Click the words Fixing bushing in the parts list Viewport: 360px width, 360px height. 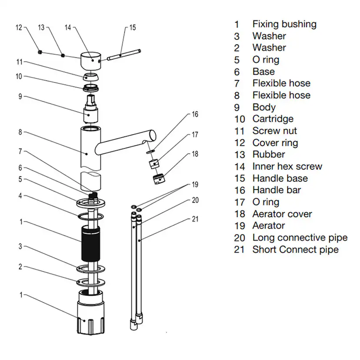(x=284, y=24)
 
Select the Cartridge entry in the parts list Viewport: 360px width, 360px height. (x=273, y=119)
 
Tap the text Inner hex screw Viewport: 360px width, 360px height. (x=287, y=167)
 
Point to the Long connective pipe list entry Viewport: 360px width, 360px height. (x=300, y=238)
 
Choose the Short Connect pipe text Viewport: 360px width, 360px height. (x=295, y=250)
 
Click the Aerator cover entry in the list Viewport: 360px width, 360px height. (x=282, y=214)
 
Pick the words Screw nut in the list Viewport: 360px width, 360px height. (x=274, y=131)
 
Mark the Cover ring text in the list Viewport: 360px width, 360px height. (x=275, y=143)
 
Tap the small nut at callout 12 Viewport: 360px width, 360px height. (x=40, y=52)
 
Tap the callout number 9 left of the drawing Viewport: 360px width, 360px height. (x=20, y=97)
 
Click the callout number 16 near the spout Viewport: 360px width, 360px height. (x=195, y=114)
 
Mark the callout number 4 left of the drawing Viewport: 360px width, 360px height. (x=20, y=196)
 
